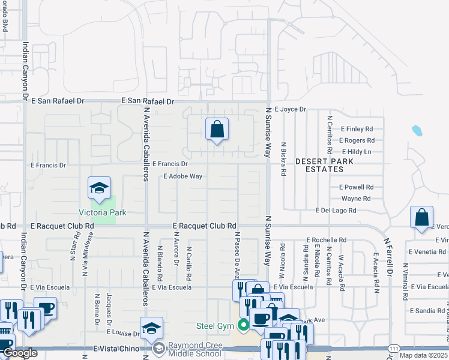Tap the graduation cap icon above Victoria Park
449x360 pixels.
point(99,188)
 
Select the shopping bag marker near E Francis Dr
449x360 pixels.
point(217,129)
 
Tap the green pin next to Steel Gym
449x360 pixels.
point(243,326)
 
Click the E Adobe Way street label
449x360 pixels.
point(182,176)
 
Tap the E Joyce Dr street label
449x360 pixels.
point(291,110)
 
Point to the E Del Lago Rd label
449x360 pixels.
point(336,211)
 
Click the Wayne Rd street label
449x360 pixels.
point(356,199)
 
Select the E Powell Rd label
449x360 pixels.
point(356,187)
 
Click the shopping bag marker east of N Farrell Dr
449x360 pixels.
point(422,217)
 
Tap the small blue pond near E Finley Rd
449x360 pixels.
point(417,130)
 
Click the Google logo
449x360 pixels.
point(20,353)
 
